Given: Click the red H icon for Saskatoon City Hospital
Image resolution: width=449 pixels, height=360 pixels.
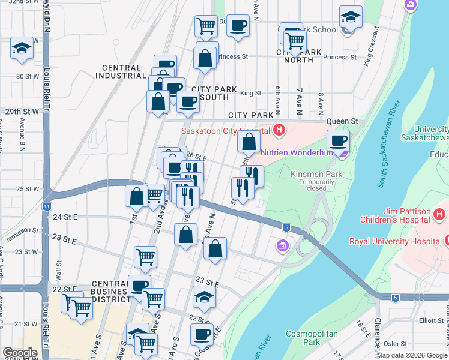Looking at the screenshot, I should pos(279,130).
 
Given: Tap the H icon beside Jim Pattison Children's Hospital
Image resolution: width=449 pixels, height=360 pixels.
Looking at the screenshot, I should pos(440,214).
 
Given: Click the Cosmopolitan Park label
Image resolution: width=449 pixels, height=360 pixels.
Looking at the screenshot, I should pos(303,337).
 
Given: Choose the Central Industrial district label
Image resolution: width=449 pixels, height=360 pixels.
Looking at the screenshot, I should pos(121,72).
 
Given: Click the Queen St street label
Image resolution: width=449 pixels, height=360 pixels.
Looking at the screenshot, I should pos(340,121).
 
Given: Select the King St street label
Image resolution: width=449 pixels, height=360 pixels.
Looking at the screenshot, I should pos(250,93).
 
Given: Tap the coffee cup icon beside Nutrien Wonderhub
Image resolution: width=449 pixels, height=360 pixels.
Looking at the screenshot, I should pos(339,141).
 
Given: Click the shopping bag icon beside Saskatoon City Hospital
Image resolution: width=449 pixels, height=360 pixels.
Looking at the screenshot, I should pos(249,142).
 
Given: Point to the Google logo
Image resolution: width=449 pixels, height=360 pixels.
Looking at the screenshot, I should pos(20,353).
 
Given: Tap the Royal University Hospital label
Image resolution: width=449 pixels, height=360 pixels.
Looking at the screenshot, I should pos(396,242).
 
